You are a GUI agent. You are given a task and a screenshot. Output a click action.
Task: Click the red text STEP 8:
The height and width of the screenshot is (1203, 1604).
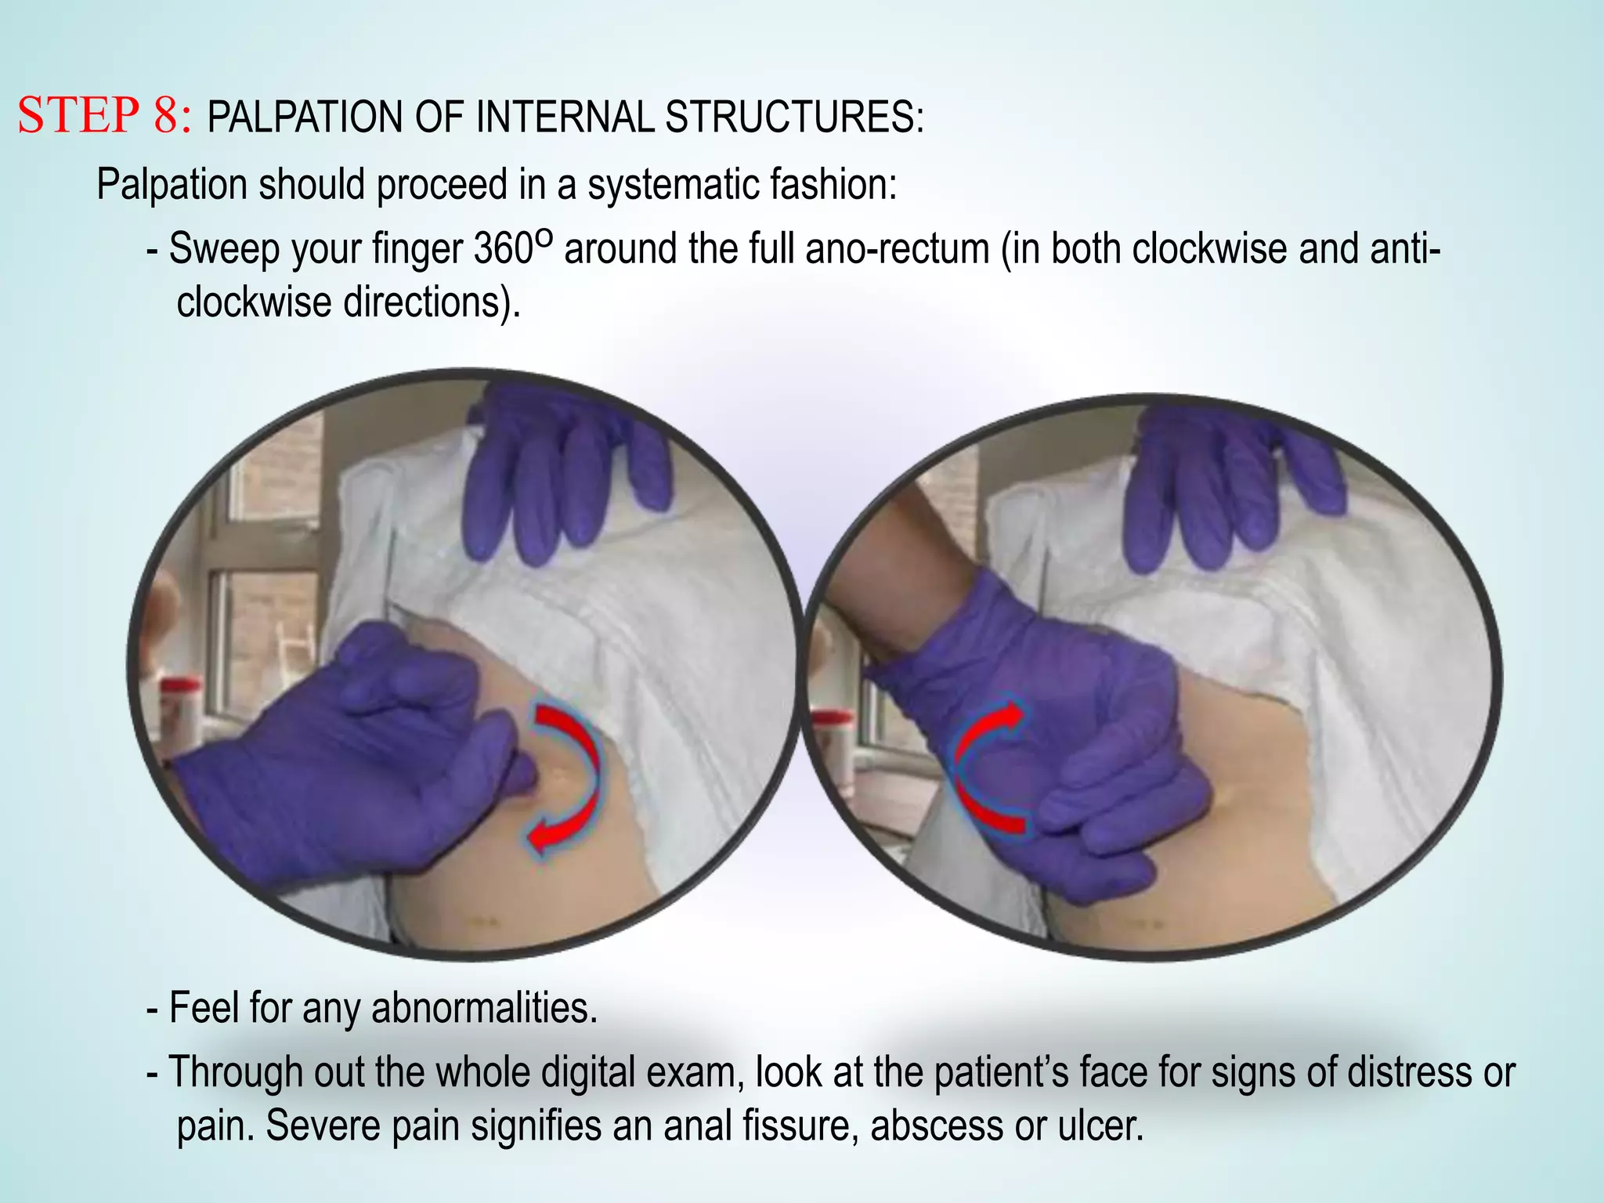point(104,116)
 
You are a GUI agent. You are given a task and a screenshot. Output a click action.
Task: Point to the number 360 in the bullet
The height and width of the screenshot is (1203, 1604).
point(503,249)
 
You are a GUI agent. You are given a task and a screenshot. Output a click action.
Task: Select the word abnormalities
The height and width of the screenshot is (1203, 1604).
point(484,1008)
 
